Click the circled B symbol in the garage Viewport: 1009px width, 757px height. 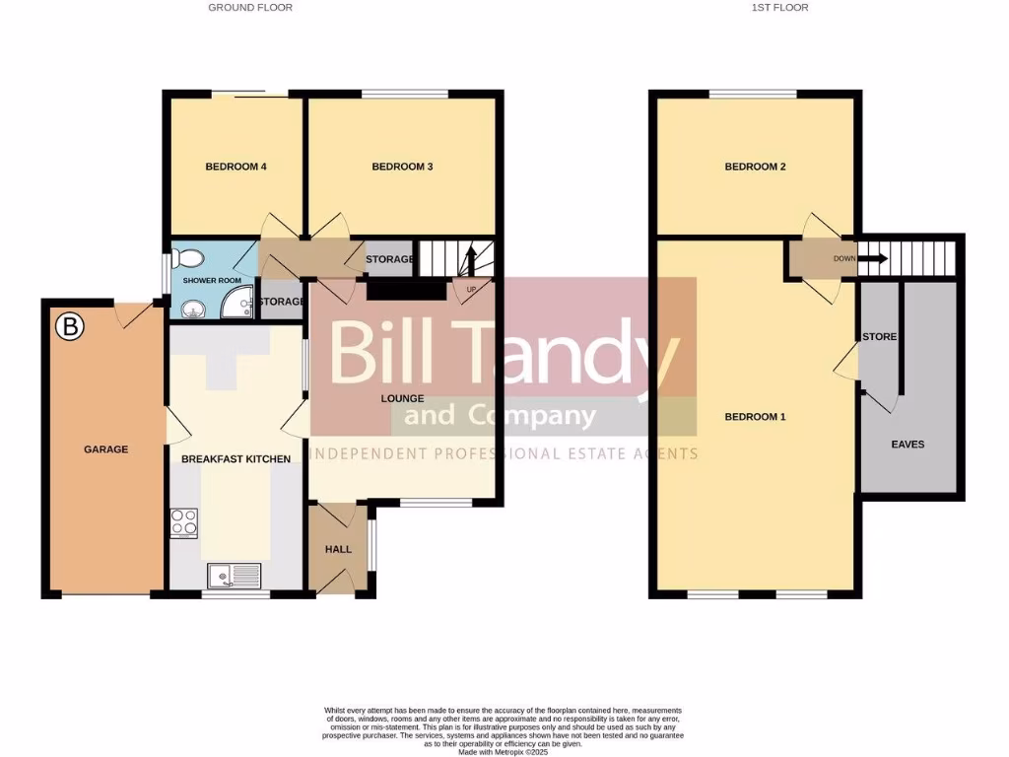pyautogui.click(x=69, y=327)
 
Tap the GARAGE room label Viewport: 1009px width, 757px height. pyautogui.click(x=105, y=449)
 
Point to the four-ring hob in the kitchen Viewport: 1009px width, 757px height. pyautogui.click(x=184, y=522)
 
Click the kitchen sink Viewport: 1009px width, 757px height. pyautogui.click(x=235, y=575)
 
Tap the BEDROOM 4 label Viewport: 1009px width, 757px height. pyautogui.click(x=236, y=167)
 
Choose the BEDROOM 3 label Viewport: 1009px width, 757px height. pyautogui.click(x=402, y=167)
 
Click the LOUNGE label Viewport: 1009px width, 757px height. pyautogui.click(x=403, y=399)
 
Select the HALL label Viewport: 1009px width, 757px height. pyautogui.click(x=338, y=549)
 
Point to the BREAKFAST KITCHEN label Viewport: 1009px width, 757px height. pyautogui.click(x=236, y=459)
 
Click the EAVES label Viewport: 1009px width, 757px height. pyautogui.click(x=908, y=445)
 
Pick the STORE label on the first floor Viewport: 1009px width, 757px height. pyautogui.click(x=879, y=337)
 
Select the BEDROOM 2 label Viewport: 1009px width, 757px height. pyautogui.click(x=755, y=167)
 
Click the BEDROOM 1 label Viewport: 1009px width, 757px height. pyautogui.click(x=755, y=417)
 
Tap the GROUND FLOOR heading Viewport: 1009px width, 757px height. pyautogui.click(x=250, y=7)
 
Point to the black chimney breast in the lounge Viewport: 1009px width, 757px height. pyautogui.click(x=406, y=290)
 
